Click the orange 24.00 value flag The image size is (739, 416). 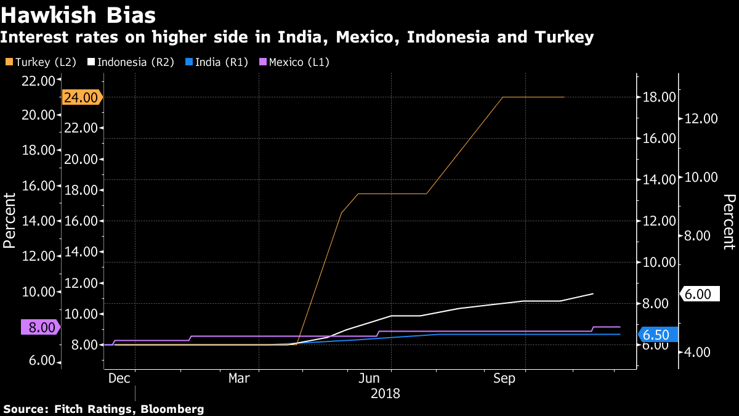81,97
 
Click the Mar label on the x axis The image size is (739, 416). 239,378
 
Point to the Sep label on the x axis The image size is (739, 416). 504,378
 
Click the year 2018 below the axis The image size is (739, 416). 385,393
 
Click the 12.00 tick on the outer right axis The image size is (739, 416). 701,119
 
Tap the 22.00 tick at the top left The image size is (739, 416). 39,81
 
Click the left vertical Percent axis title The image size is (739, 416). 9,220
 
